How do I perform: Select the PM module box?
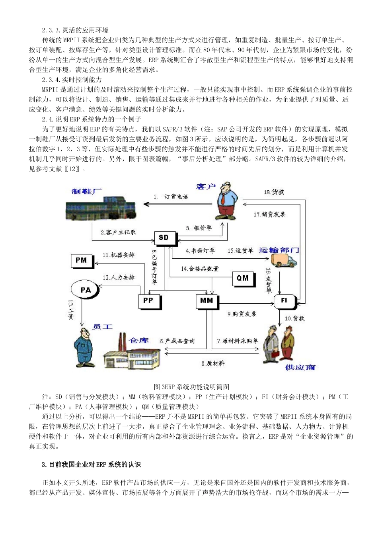click(x=81, y=261)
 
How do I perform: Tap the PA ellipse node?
click(x=86, y=290)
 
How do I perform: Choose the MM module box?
click(x=207, y=301)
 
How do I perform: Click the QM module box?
click(x=243, y=279)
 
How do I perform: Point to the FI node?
click(x=284, y=301)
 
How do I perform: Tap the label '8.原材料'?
click(x=213, y=363)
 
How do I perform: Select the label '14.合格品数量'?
click(x=200, y=269)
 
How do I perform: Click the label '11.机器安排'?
click(x=118, y=255)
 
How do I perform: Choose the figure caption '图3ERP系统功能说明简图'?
click(x=191, y=387)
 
